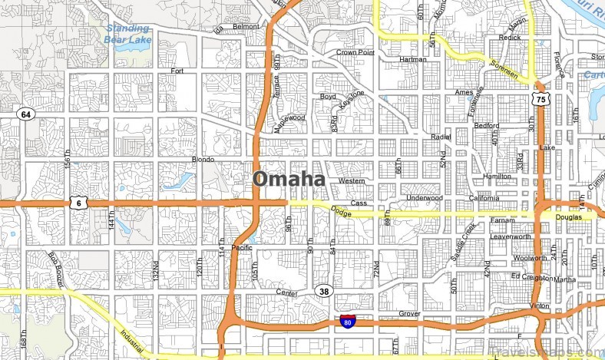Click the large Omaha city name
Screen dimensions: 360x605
point(289,179)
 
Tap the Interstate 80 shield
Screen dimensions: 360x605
point(349,321)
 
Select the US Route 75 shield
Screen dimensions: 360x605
point(541,99)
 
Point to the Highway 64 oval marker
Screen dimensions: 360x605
point(26,114)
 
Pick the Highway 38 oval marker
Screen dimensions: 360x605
point(323,291)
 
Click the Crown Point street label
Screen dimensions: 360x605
point(355,53)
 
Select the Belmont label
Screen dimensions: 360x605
point(246,26)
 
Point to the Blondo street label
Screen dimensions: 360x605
point(203,160)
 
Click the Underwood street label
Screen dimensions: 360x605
point(425,197)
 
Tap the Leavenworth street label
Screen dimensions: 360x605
point(511,236)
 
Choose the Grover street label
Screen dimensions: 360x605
point(411,314)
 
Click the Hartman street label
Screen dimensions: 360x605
point(412,59)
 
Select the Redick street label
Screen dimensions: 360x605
point(509,37)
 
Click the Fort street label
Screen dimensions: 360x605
point(177,71)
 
